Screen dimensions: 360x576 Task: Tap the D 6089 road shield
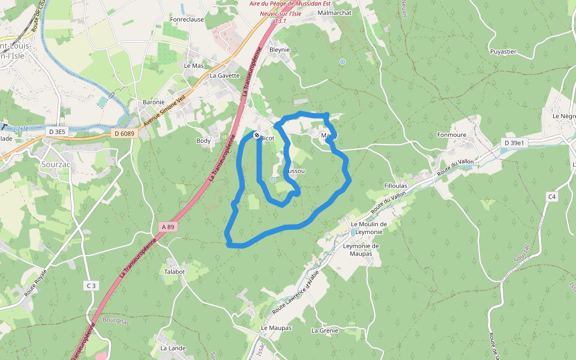pyautogui.click(x=124, y=133)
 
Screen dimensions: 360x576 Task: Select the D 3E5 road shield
pyautogui.click(x=58, y=131)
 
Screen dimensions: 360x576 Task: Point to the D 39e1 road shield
pyautogui.click(x=514, y=143)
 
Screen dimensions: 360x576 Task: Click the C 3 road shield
pyautogui.click(x=91, y=286)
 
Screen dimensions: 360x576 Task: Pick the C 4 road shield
pyautogui.click(x=552, y=196)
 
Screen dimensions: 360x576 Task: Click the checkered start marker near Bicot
pyautogui.click(x=257, y=136)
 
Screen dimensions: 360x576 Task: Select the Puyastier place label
pyautogui.click(x=503, y=52)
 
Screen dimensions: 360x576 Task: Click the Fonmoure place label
pyautogui.click(x=452, y=135)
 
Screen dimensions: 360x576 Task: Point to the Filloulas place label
pyautogui.click(x=395, y=186)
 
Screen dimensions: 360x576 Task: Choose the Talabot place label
pyautogui.click(x=175, y=272)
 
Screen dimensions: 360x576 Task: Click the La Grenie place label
pyautogui.click(x=325, y=331)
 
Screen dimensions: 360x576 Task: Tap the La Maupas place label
pyautogui.click(x=276, y=328)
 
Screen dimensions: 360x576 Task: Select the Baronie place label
pyautogui.click(x=154, y=102)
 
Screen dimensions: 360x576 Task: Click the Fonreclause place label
pyautogui.click(x=187, y=19)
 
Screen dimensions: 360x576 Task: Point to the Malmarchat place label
pyautogui.click(x=335, y=12)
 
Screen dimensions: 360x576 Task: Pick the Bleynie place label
pyautogui.click(x=280, y=50)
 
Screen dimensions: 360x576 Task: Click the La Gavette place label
pyautogui.click(x=224, y=76)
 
